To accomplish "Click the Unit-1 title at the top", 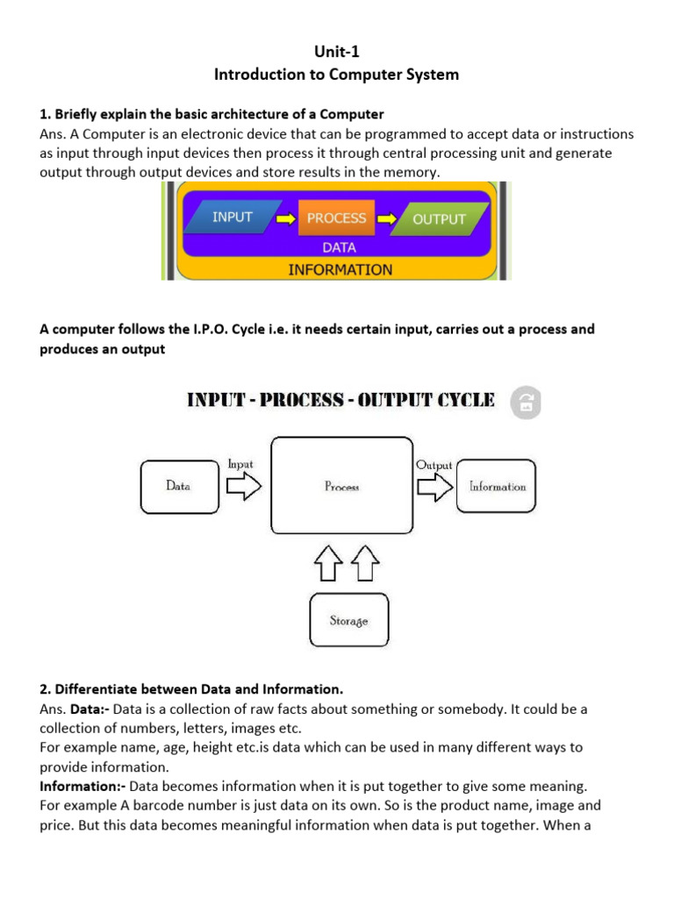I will (x=337, y=52).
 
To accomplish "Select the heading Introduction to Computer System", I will (x=337, y=75).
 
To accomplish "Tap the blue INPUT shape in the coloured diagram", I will (x=233, y=217).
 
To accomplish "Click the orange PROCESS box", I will (x=336, y=218).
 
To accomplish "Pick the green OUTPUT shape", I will (x=439, y=219).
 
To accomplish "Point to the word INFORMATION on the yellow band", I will (x=341, y=269).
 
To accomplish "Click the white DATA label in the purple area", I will (x=339, y=248).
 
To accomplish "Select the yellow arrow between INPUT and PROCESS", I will (x=286, y=218).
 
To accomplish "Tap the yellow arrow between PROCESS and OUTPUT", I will (x=385, y=218).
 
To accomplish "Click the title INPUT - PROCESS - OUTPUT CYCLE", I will (x=341, y=401).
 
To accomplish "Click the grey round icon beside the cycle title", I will (x=526, y=403).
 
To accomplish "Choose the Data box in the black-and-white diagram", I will (x=178, y=486).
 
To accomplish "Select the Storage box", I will (x=348, y=620).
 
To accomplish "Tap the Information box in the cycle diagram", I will (x=497, y=486).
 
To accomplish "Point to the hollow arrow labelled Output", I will (x=434, y=487).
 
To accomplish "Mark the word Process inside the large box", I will (x=341, y=487).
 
